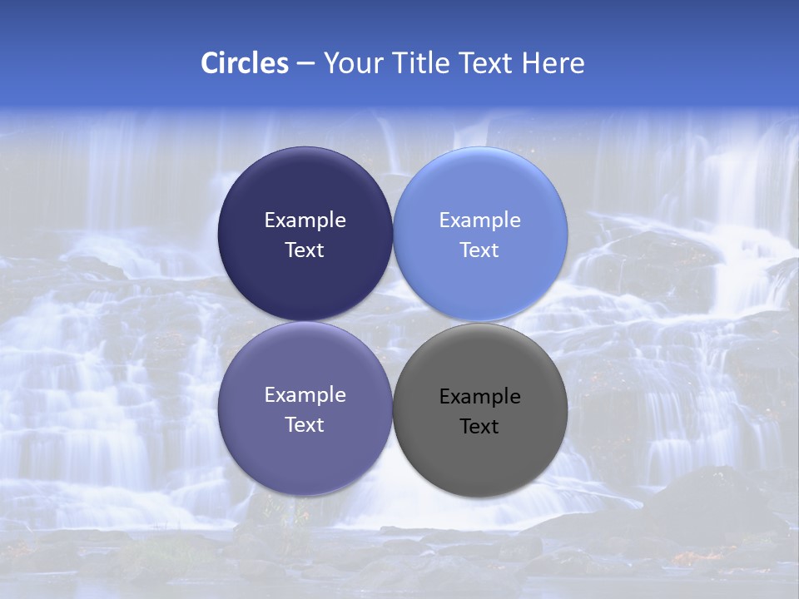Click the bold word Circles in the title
pyautogui.click(x=244, y=63)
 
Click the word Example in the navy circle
pyautogui.click(x=305, y=220)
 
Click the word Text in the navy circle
pyautogui.click(x=305, y=250)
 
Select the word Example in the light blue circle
pyautogui.click(x=479, y=220)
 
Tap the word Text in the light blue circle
pyautogui.click(x=479, y=250)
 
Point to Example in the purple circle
pyautogui.click(x=305, y=395)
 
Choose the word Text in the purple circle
pyautogui.click(x=305, y=425)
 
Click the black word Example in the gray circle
pyautogui.click(x=479, y=397)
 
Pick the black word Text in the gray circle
pyautogui.click(x=479, y=427)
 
